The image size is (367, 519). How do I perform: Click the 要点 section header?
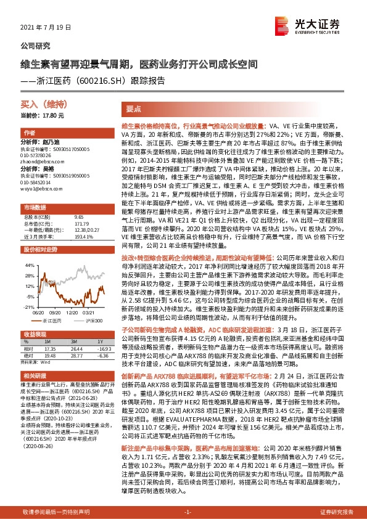pos(134,108)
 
